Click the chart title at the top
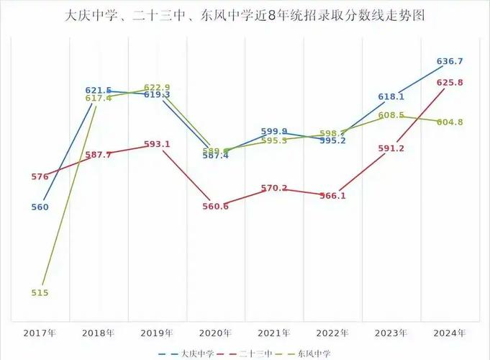click(245, 14)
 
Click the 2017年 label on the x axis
click(40, 333)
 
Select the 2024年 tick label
click(449, 333)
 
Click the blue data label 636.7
click(450, 61)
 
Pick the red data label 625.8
click(450, 83)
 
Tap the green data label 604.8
click(450, 122)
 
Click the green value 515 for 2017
click(40, 293)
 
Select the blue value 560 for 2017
click(40, 207)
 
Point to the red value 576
click(40, 176)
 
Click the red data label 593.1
click(157, 144)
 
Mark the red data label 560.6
click(215, 207)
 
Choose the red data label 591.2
click(391, 148)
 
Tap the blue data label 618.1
click(391, 96)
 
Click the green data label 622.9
click(157, 87)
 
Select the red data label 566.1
click(332, 196)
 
